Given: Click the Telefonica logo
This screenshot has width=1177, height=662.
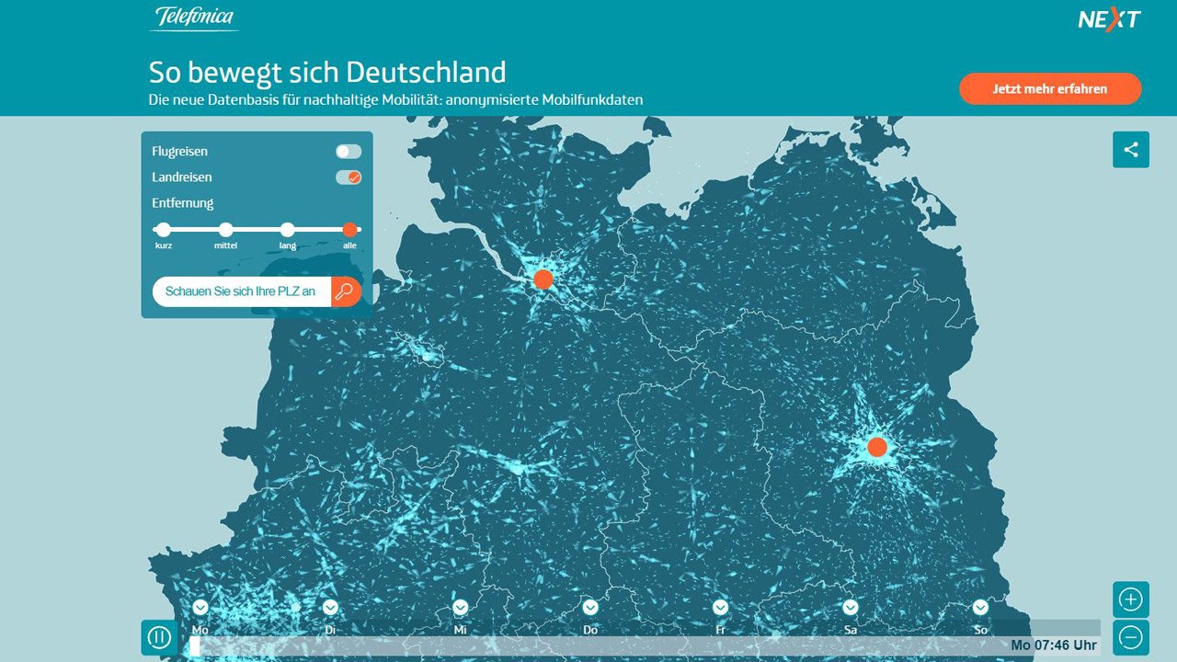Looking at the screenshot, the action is [194, 17].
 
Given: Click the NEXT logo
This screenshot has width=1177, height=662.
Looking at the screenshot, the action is [1109, 19].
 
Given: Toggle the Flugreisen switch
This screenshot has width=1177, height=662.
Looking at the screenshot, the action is [349, 152].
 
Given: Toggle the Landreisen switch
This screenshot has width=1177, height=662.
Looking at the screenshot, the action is [349, 177].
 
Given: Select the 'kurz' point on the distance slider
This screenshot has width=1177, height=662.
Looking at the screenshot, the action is [164, 230].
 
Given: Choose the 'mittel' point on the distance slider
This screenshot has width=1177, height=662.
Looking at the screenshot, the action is [225, 230].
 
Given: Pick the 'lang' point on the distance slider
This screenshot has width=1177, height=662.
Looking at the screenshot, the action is [288, 230].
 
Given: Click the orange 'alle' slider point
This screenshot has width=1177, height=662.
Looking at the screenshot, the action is [349, 230].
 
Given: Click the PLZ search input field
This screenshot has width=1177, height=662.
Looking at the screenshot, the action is [241, 291].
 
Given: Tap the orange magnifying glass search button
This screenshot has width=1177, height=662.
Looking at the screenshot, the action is [346, 291].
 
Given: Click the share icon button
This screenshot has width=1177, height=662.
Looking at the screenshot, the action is [1130, 150].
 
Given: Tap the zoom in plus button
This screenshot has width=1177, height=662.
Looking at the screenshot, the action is [1130, 600].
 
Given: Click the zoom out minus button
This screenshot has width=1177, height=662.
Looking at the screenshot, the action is [1130, 637].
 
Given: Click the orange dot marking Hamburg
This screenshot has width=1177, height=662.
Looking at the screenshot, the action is [543, 280].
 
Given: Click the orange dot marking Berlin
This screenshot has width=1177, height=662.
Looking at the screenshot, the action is [877, 447].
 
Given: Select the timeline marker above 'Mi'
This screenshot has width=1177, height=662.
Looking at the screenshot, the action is [461, 607].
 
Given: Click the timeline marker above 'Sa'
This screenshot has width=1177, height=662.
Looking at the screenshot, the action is [851, 607].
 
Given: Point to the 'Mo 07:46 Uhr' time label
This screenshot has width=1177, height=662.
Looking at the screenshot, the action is [1053, 645].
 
